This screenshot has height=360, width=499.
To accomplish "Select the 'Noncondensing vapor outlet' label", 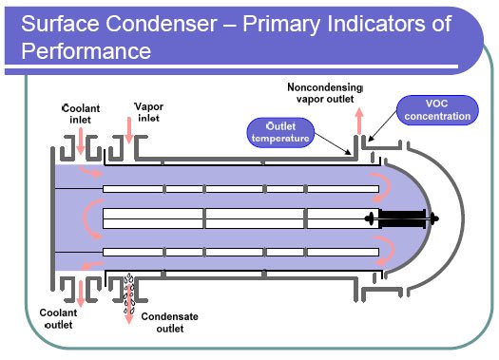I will tap(324, 94).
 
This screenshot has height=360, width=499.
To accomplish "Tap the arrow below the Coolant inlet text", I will tap(83, 141).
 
